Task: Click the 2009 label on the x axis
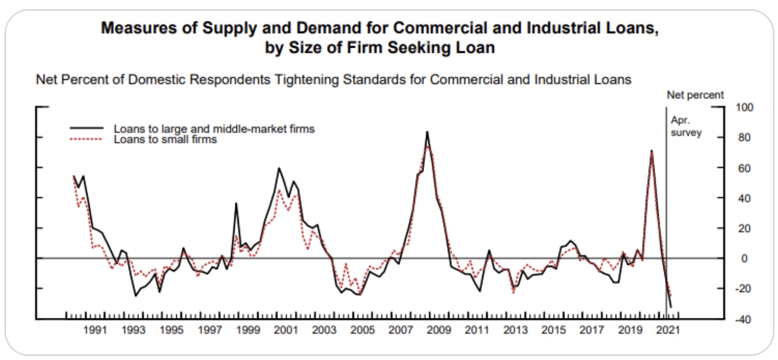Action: pyautogui.click(x=439, y=331)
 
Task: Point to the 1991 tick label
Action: pyautogui.click(x=94, y=331)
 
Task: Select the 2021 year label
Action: pyautogui.click(x=668, y=331)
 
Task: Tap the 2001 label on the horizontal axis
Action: pyautogui.click(x=286, y=331)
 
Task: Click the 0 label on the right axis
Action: pyautogui.click(x=738, y=259)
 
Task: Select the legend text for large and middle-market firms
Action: pyautogui.click(x=214, y=129)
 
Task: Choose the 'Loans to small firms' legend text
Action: pyautogui.click(x=165, y=139)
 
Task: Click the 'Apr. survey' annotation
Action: pyautogui.click(x=686, y=127)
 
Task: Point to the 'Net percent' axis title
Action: pyautogui.click(x=695, y=95)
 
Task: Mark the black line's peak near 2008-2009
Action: pyautogui.click(x=427, y=132)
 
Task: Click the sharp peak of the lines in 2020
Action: pyautogui.click(x=651, y=151)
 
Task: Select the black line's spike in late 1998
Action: pyautogui.click(x=236, y=203)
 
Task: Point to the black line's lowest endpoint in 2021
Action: pyautogui.click(x=671, y=307)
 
